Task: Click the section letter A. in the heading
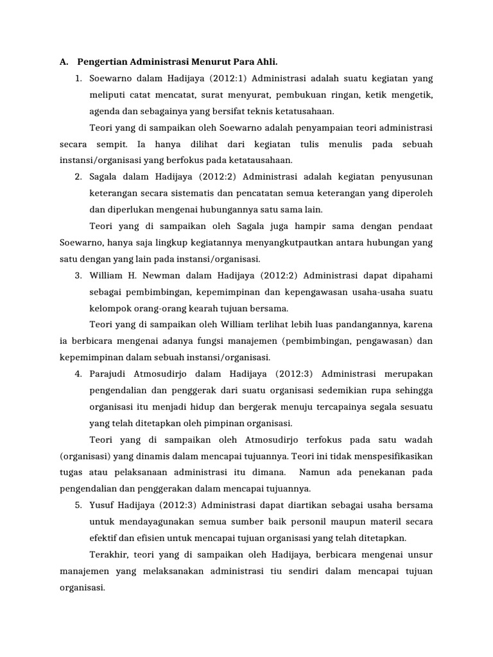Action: [64, 62]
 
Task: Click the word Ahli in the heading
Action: [266, 62]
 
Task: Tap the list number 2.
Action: [77, 177]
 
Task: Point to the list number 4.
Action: [77, 373]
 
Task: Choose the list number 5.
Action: [77, 504]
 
